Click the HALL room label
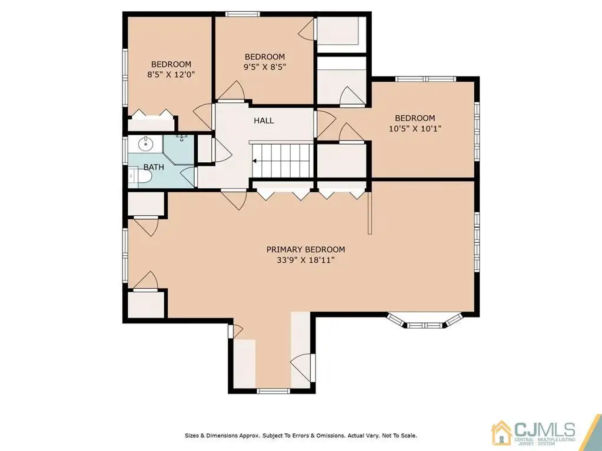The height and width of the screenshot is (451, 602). coord(264,121)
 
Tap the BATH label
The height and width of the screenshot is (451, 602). coord(154,167)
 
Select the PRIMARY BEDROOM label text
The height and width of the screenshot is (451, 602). coord(305,249)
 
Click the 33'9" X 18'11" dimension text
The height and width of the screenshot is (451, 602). coord(305,260)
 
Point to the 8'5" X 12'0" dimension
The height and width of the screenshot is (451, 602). coord(171,75)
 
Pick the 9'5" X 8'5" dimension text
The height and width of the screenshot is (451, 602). coord(265,66)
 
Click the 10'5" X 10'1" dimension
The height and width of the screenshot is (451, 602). coord(415,128)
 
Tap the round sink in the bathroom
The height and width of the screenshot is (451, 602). coord(145,145)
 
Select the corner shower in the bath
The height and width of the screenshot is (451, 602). coord(179,149)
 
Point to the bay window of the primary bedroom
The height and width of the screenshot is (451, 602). coord(425,321)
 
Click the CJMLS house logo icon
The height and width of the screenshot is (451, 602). coord(501,433)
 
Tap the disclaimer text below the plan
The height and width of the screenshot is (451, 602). coord(301,436)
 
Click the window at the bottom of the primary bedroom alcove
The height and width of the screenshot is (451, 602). coord(273,391)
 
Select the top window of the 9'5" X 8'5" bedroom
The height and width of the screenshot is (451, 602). coord(242,14)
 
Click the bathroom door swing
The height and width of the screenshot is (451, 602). coord(187,177)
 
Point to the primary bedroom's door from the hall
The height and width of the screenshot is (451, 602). coord(235,199)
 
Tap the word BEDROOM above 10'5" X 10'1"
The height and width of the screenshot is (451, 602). coord(415,118)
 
